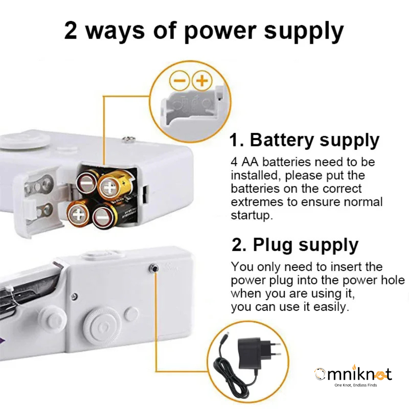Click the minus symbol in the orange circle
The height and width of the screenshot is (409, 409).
(x=180, y=81)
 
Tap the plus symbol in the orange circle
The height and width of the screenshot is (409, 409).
(x=202, y=81)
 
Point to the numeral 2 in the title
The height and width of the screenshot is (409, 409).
(x=70, y=30)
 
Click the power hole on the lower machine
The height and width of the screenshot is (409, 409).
(x=154, y=269)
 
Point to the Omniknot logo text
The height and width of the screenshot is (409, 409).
(x=353, y=374)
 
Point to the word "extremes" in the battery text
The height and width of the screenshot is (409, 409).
(x=257, y=202)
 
